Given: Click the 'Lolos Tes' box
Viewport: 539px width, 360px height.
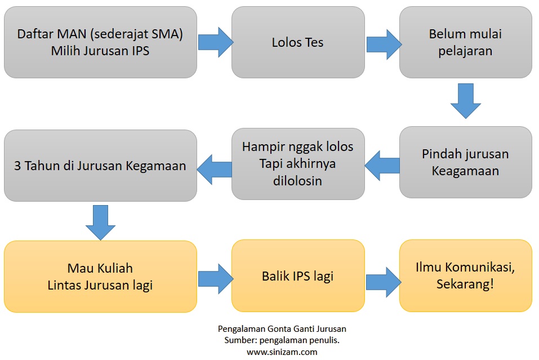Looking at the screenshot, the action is [298, 42].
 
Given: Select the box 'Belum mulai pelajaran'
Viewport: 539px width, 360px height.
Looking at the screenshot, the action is [465, 42].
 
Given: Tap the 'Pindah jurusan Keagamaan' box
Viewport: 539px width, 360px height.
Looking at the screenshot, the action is [465, 162].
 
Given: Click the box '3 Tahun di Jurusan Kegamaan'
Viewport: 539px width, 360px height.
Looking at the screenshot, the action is [100, 166].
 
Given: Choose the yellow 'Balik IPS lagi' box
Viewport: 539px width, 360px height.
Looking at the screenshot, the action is [298, 276].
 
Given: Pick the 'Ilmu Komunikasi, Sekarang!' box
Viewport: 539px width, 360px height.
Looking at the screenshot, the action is [465, 275].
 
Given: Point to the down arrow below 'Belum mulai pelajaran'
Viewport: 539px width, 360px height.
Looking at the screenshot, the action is [466, 101].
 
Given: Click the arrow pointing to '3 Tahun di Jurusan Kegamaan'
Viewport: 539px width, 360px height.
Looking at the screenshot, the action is [215, 166].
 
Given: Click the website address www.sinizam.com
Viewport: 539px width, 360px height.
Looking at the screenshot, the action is [282, 352].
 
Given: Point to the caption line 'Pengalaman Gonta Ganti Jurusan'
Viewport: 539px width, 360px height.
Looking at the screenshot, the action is [282, 328].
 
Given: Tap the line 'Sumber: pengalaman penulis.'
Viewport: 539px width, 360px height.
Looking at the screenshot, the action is [282, 340].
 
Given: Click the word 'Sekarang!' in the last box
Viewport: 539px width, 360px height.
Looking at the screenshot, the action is [465, 285].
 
